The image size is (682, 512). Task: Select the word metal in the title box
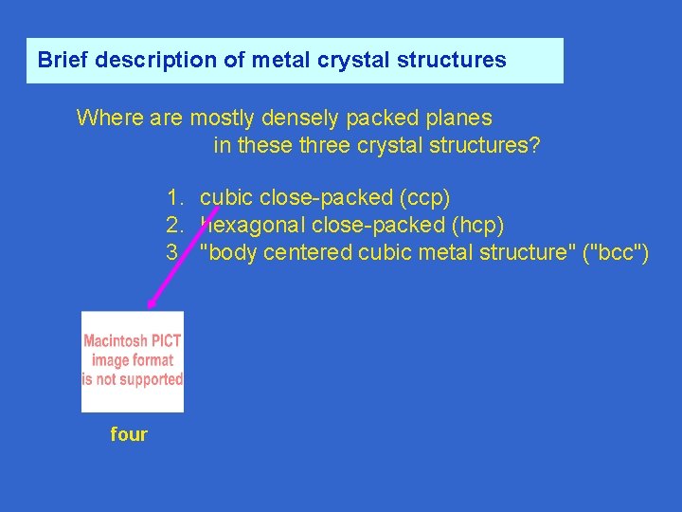pos(274,60)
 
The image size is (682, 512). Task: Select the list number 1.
pos(173,198)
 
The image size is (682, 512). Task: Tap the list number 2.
pos(173,226)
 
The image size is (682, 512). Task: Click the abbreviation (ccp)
pos(425,198)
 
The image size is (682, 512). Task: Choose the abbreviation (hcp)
pos(479,226)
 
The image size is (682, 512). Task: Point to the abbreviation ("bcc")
pos(618,253)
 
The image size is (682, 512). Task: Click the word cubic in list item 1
pos(226,198)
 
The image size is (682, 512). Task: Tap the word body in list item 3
pos(227,253)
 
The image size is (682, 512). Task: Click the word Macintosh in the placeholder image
pos(116,341)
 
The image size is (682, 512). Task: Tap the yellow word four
pos(129,434)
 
